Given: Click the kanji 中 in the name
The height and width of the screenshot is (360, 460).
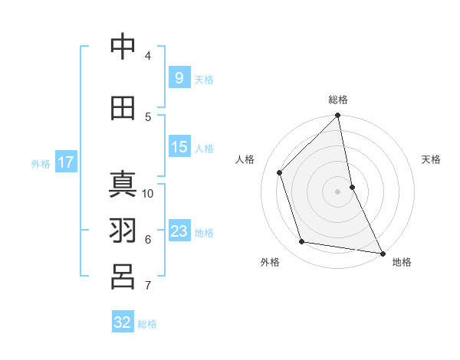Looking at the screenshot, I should click(123, 47).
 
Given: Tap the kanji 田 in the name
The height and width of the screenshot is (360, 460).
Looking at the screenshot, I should click(123, 109).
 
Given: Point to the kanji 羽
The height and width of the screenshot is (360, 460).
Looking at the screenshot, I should click(123, 231).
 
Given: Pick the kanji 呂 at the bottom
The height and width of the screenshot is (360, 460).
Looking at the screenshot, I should click(123, 277).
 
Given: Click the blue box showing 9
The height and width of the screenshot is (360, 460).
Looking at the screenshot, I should click(179, 77).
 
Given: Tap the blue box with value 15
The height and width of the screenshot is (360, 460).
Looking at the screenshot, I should click(179, 147).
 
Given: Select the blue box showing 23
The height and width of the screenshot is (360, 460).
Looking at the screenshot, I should click(179, 231).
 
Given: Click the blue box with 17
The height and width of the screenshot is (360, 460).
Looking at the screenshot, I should click(65, 162).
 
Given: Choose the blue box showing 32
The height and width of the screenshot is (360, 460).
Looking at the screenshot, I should click(123, 322).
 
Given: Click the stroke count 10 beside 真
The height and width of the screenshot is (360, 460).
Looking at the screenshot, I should click(148, 193).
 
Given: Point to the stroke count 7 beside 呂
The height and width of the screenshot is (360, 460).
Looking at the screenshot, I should click(148, 286).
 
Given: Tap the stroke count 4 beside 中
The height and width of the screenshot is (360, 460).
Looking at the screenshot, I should click(148, 55).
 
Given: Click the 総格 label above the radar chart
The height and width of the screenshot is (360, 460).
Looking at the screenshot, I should click(337, 100).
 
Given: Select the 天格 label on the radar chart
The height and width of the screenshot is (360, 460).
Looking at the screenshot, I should click(431, 160).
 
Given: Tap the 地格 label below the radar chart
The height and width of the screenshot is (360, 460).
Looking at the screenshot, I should click(402, 262).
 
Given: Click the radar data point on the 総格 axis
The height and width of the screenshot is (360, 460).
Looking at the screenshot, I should click(337, 116).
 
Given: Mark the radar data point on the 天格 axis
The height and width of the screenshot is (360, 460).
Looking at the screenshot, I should click(352, 187).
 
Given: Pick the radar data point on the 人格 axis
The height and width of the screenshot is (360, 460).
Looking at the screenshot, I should click(280, 172).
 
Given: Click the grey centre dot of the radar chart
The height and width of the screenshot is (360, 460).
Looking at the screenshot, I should click(337, 191).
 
